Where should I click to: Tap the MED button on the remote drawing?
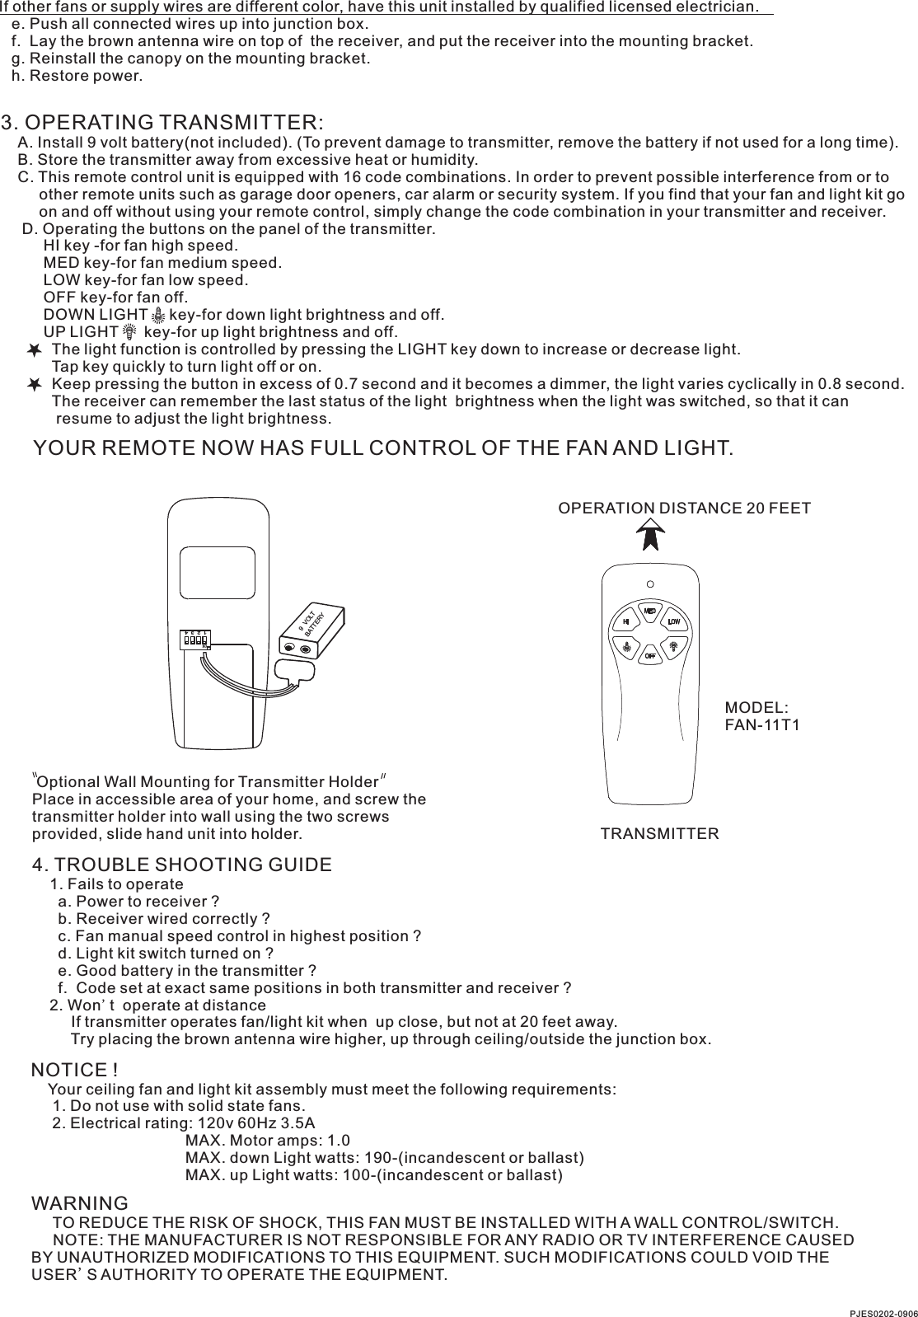(650, 612)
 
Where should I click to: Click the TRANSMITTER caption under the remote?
(659, 833)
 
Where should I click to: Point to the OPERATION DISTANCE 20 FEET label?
(684, 508)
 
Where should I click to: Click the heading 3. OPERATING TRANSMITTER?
(162, 123)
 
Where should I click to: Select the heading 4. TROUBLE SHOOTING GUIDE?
(181, 865)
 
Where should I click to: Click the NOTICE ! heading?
(74, 1070)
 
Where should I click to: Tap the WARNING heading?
(79, 1204)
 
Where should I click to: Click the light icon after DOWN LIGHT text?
(158, 315)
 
